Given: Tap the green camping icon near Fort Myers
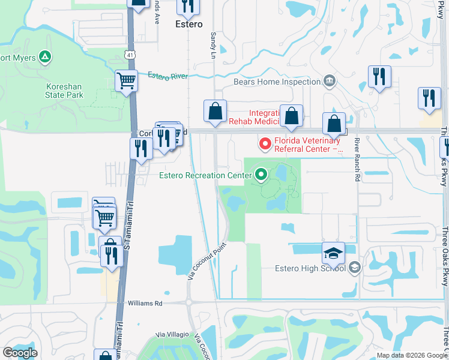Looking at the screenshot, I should tap(44, 58).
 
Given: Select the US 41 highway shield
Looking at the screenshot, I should tap(130, 55).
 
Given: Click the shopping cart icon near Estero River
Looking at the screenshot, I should tap(126, 80).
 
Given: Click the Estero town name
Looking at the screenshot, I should tap(188, 25).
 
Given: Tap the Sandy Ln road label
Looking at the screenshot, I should tap(212, 41).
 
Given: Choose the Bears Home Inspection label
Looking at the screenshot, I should tap(277, 82).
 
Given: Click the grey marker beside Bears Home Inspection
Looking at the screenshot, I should tap(329, 81).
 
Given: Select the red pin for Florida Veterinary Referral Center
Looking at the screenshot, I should tap(264, 144).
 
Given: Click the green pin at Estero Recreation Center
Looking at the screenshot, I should tap(261, 175).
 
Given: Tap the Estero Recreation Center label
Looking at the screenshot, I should tap(203, 176).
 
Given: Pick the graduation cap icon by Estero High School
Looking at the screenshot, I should tap(333, 254).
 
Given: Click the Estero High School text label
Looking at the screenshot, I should tap(310, 268).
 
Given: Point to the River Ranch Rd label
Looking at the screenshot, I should tap(357, 160).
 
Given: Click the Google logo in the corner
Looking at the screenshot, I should tap(20, 352).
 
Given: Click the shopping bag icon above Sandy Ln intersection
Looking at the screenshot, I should tap(215, 110).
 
